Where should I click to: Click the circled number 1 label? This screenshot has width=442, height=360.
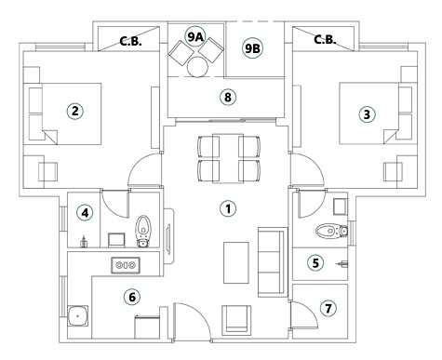[x=226, y=207]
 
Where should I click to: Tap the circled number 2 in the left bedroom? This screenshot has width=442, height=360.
[x=75, y=110]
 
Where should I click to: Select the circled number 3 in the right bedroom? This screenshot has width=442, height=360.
[x=367, y=114]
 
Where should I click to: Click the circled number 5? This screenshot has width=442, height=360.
[x=315, y=263]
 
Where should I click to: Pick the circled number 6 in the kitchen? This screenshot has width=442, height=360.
[x=131, y=297]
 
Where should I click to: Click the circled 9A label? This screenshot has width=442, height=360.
[x=194, y=37]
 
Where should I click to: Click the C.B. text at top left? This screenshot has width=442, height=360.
[x=131, y=40]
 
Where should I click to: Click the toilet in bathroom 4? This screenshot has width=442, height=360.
[x=144, y=229]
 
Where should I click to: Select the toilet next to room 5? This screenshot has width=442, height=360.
[x=326, y=230]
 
